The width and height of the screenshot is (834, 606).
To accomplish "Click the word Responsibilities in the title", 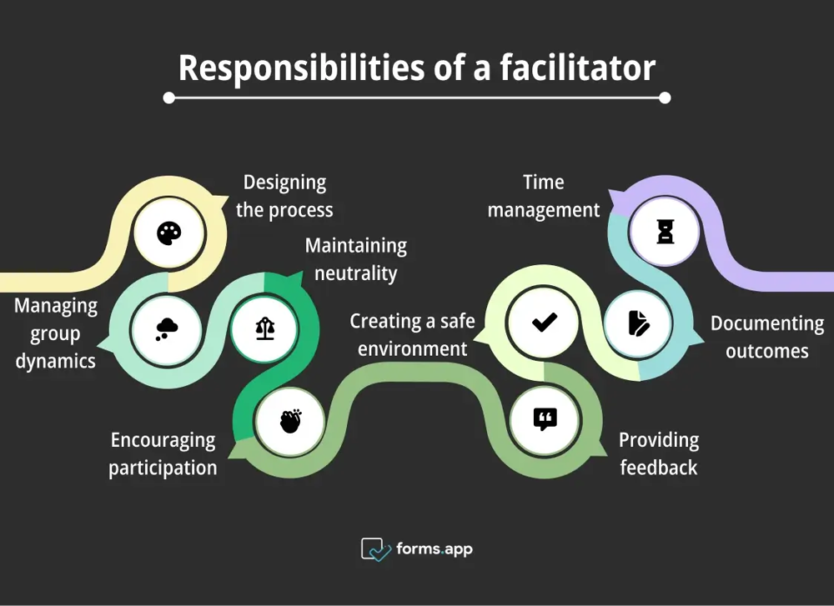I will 298,68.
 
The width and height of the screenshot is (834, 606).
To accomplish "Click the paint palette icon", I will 168,233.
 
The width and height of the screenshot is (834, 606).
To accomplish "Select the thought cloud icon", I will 166,328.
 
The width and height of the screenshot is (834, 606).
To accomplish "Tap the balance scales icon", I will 264,328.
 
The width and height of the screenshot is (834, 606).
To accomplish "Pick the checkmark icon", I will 545,322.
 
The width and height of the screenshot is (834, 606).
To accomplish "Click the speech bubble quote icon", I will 545,419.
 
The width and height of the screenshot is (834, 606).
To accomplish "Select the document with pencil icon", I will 639,323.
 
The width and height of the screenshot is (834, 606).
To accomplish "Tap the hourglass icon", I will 665,231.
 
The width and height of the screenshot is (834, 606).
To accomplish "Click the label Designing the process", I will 284,196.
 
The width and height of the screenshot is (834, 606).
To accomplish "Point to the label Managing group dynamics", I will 56,333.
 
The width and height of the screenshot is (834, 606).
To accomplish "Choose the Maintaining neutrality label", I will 356,259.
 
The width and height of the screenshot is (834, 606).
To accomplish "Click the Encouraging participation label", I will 163,453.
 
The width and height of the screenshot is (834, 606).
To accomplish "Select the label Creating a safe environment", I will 412,334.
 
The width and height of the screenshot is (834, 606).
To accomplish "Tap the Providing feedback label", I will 658,453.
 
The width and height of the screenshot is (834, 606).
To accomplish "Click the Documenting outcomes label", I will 766,337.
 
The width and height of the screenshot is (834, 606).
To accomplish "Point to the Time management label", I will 544,196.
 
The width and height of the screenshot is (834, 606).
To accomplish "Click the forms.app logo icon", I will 375,549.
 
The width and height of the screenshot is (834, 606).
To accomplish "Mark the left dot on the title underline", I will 169,98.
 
